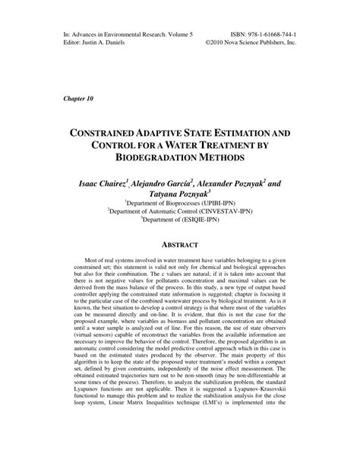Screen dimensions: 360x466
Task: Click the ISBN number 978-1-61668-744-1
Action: pyautogui.click(x=267, y=35)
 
